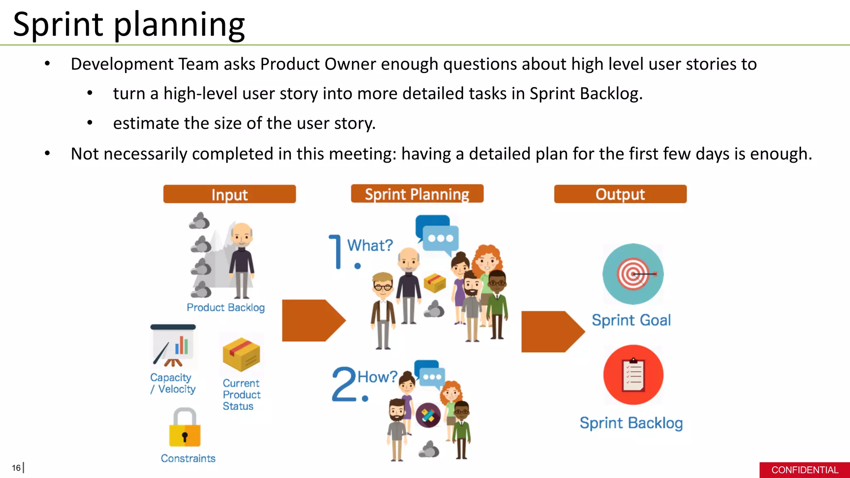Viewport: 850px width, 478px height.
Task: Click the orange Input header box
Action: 229,194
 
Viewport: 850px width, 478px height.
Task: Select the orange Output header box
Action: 620,194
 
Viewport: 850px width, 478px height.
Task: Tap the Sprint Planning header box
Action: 417,194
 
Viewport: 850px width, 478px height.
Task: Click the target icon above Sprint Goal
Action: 633,274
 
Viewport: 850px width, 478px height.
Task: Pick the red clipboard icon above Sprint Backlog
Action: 633,375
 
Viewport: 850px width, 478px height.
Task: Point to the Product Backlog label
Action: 225,307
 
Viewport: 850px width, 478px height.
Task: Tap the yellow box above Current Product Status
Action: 241,354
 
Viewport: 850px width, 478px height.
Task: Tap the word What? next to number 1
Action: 370,245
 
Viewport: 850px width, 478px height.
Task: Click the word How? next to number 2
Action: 377,377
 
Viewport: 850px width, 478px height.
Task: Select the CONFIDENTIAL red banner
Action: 804,470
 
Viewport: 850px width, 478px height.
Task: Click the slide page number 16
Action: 16,468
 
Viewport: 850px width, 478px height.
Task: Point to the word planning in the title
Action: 179,25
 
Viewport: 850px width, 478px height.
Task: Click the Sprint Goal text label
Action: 631,320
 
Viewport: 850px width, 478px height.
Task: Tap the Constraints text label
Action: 188,458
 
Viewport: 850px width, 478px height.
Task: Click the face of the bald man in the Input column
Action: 242,235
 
